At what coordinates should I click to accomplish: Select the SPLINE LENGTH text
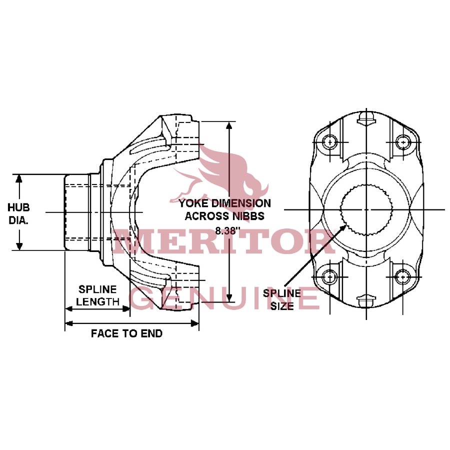98,295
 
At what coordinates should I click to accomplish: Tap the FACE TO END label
126,333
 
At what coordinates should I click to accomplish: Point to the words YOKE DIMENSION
225,203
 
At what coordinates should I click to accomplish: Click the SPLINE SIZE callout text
282,299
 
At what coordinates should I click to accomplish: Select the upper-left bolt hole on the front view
330,141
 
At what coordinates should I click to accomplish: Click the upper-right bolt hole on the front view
402,141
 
